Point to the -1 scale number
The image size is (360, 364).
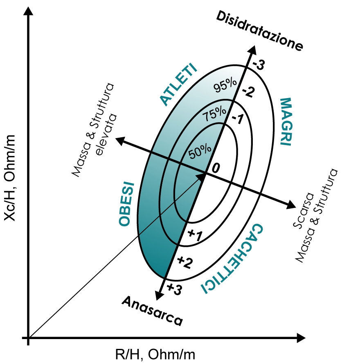[238, 119]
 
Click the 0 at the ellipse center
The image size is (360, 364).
[216, 168]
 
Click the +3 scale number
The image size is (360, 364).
[174, 289]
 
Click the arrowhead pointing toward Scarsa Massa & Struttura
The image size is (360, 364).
[291, 204]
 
